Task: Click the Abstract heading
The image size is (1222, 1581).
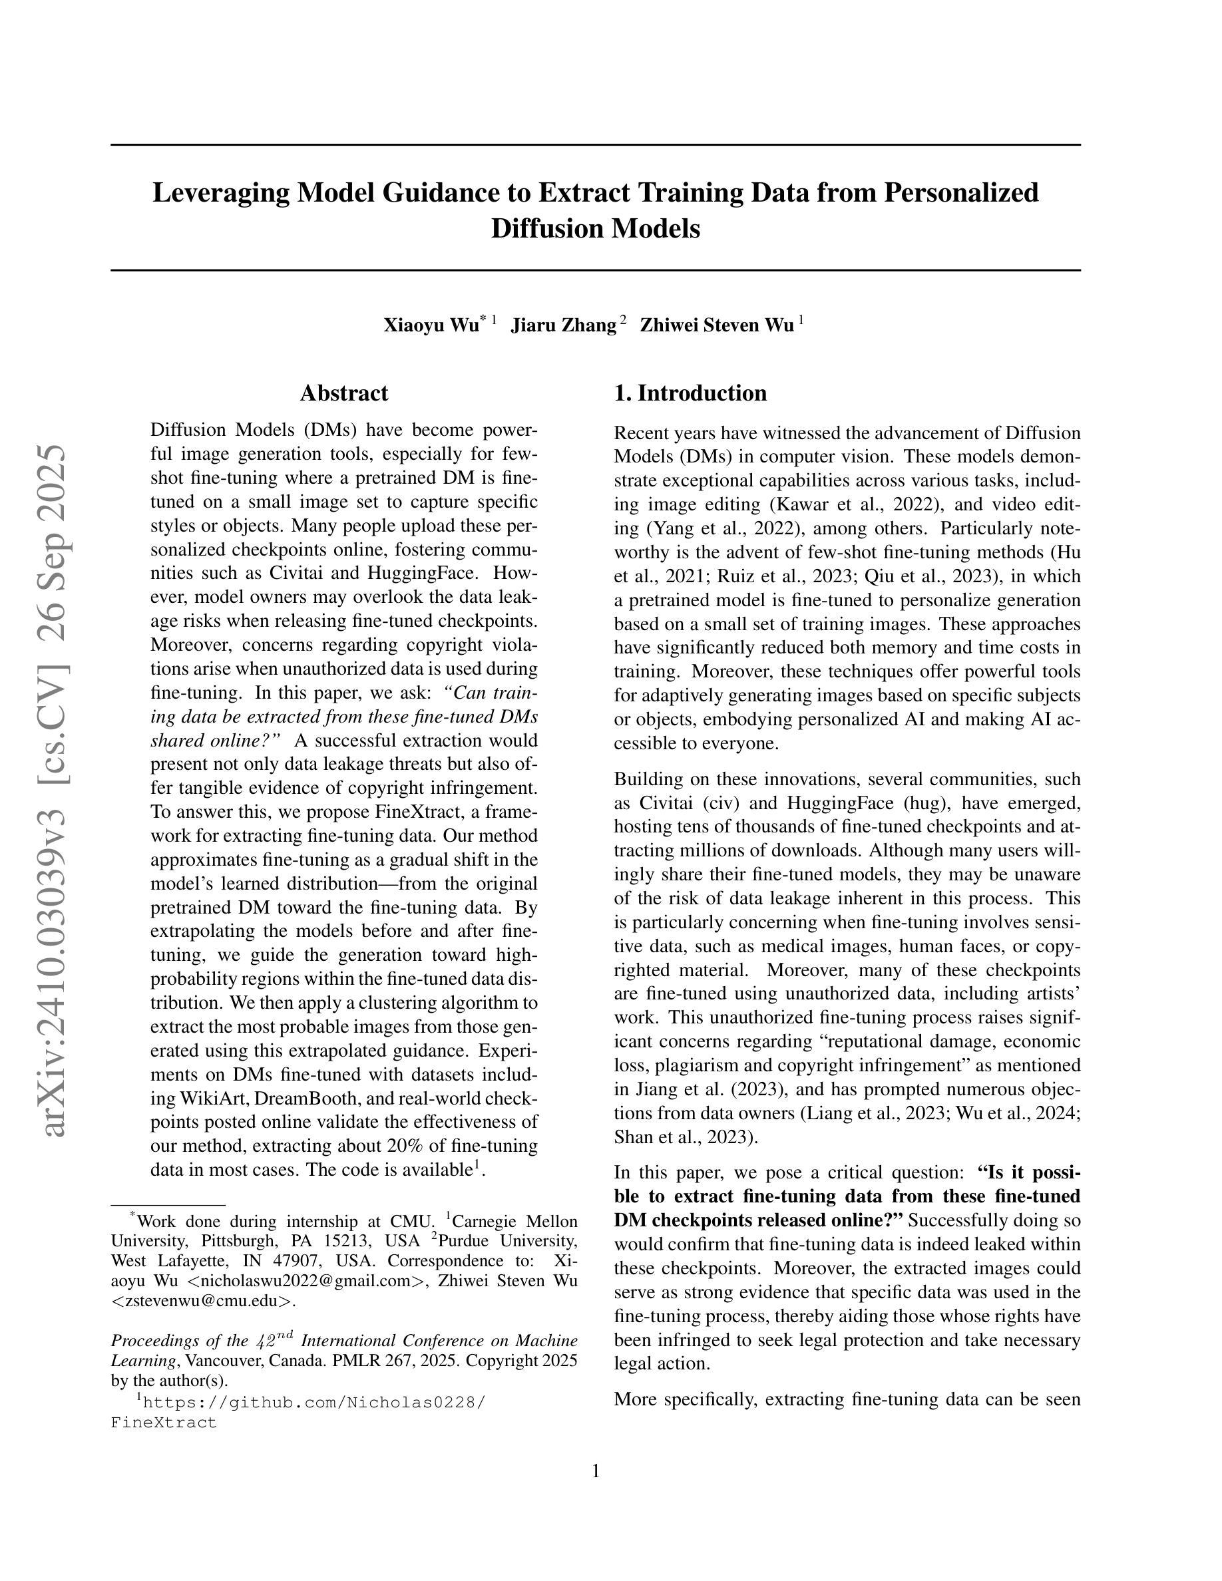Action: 344,393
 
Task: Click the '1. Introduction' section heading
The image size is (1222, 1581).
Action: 690,393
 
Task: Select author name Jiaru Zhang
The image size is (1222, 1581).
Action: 563,325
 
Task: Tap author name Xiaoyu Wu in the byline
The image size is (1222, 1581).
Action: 431,325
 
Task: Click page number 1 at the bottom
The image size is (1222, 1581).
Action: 596,1471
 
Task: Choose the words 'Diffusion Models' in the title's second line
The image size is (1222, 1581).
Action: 595,229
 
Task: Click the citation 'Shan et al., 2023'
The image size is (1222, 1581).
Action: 684,1137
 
